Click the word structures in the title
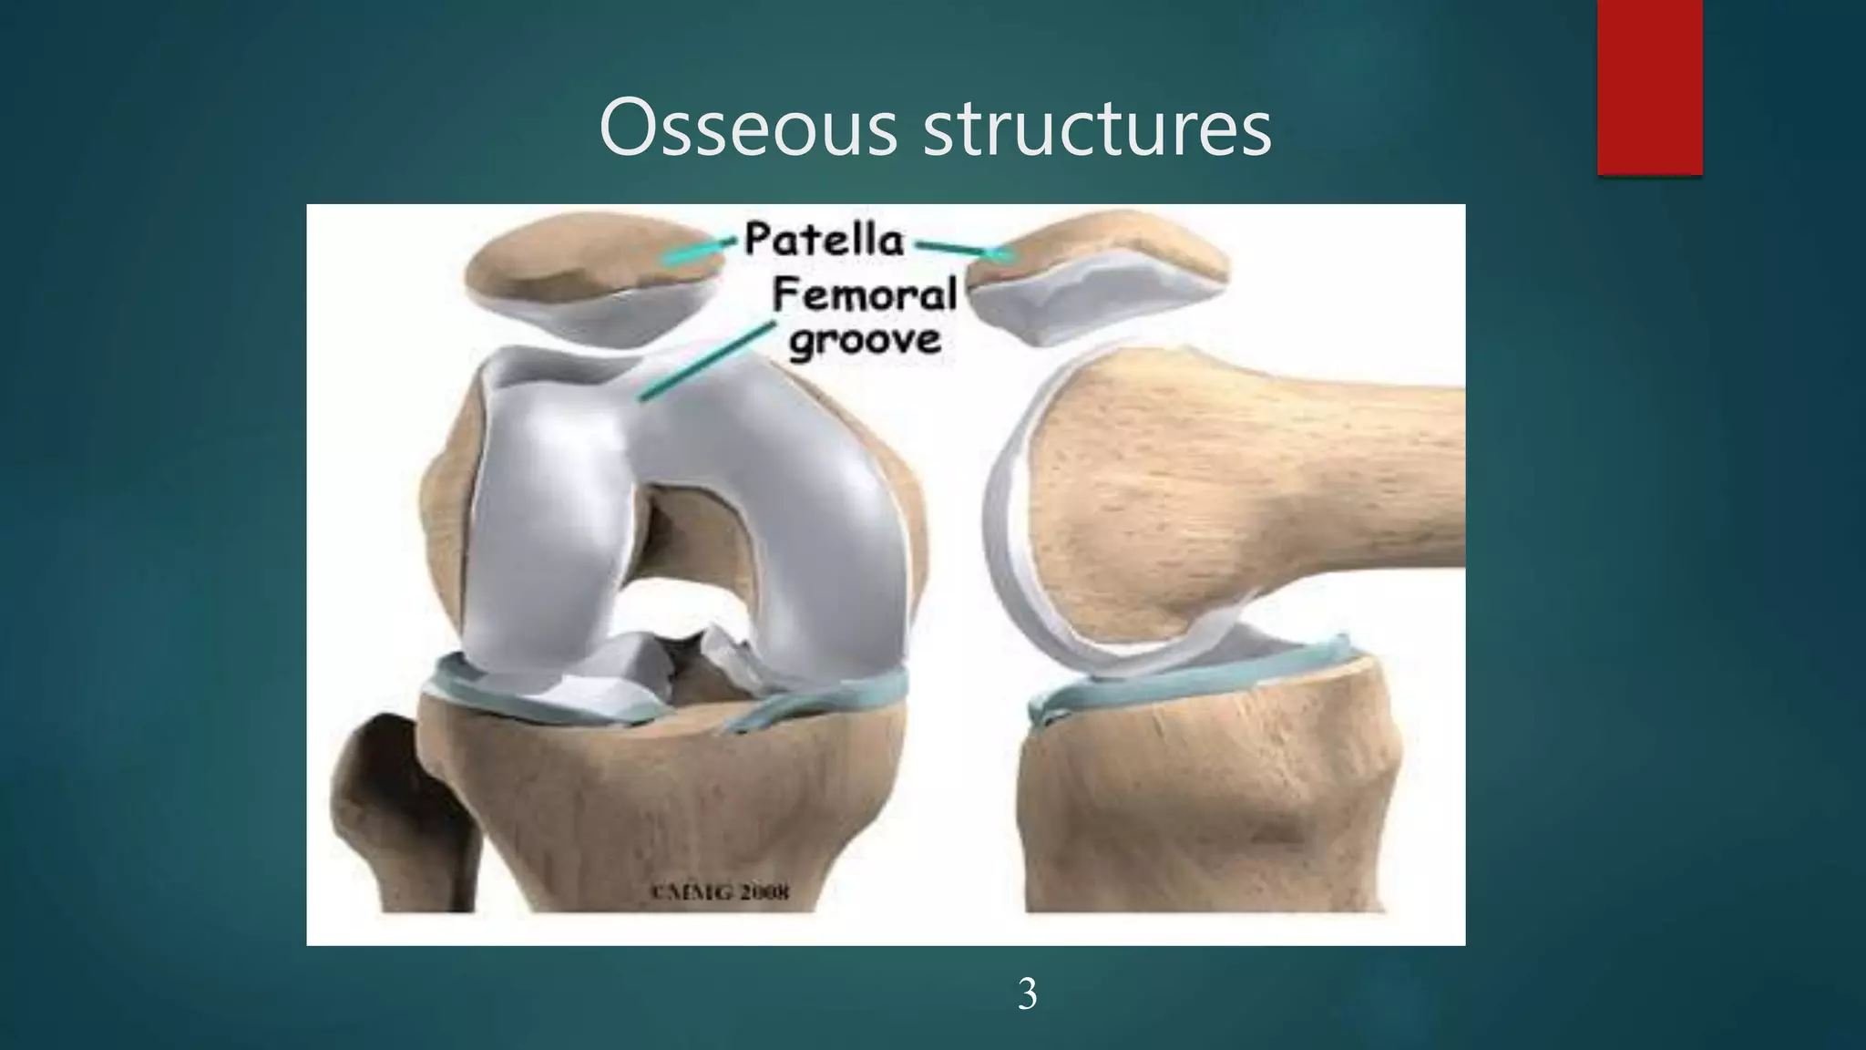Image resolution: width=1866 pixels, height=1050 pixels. pyautogui.click(x=1097, y=129)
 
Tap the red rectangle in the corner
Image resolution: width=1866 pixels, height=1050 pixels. pyautogui.click(x=1649, y=87)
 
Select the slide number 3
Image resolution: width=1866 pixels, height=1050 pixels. pyautogui.click(x=1027, y=994)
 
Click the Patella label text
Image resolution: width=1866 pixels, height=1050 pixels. pyautogui.click(x=825, y=240)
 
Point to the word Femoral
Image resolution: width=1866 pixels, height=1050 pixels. pyautogui.click(x=865, y=295)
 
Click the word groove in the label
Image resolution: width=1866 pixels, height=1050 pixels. pyautogui.click(x=865, y=340)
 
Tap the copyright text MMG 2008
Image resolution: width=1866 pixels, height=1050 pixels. pyautogui.click(x=720, y=891)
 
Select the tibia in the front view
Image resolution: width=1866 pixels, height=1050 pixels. pyautogui.click(x=656, y=802)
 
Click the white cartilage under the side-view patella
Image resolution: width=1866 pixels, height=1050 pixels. pyautogui.click(x=1048, y=310)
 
